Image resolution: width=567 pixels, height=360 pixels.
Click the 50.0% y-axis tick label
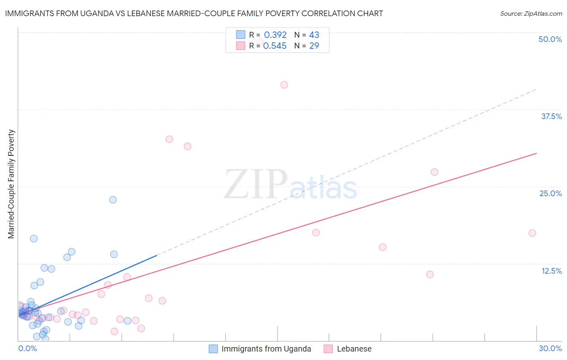[x=550, y=39]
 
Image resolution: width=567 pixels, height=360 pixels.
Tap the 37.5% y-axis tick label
[x=551, y=116]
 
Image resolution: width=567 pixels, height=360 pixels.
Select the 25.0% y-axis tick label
[x=550, y=193]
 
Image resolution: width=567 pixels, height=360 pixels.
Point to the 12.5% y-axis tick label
[x=551, y=271]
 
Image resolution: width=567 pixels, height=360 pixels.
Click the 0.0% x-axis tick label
[x=27, y=348]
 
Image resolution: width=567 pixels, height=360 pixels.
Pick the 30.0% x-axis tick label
[x=550, y=348]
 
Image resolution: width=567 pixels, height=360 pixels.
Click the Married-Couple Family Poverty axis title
[x=11, y=184]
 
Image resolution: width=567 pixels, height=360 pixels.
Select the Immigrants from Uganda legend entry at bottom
[x=266, y=349]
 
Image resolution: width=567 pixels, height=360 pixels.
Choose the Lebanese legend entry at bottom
[x=354, y=349]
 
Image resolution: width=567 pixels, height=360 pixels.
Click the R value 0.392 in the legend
[x=275, y=35]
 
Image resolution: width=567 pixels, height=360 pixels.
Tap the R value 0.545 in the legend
[x=275, y=46]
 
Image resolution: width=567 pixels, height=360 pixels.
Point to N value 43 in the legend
[x=314, y=35]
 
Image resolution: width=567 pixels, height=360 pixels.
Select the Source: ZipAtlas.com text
[x=531, y=13]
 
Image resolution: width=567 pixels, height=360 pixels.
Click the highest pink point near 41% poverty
[x=284, y=85]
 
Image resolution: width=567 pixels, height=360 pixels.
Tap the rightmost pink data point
[x=532, y=233]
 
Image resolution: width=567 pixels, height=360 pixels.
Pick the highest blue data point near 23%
[x=113, y=200]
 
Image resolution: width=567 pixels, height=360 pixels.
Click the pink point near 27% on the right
[x=434, y=172]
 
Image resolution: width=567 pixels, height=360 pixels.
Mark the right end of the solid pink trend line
[x=536, y=153]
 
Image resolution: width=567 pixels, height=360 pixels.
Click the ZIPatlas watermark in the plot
[x=290, y=185]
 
